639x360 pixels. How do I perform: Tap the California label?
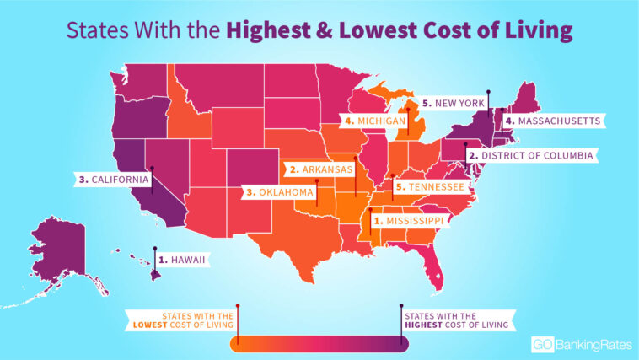112,180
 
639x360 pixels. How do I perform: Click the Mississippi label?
408,220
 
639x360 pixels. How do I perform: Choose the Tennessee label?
428,186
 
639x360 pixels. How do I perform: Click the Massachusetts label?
558,121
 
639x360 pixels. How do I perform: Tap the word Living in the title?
540,32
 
